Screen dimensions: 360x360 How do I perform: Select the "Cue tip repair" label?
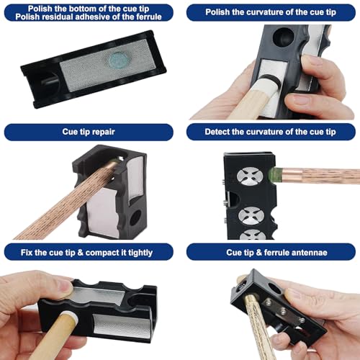pos(89,132)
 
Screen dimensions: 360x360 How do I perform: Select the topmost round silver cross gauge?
pos(250,176)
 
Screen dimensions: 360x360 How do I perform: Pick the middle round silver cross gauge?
pos(251,216)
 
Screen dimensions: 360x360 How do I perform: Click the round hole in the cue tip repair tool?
pos(135,218)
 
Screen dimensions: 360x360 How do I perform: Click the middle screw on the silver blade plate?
pos(283,311)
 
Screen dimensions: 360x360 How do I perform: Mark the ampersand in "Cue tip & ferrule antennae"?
pos(258,253)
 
